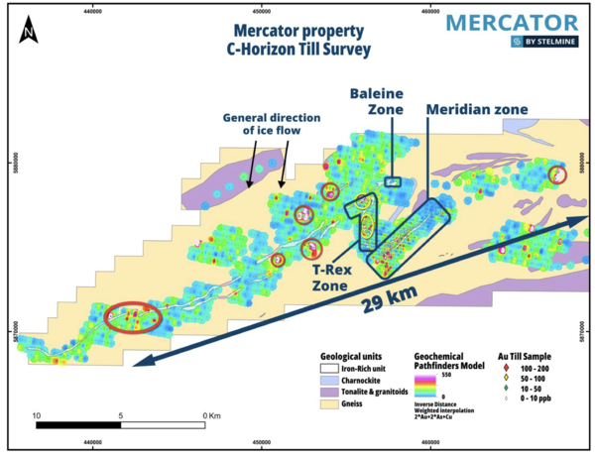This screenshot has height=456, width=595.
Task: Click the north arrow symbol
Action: pyautogui.click(x=31, y=32)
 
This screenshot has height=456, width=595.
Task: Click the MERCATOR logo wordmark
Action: pyautogui.click(x=511, y=23)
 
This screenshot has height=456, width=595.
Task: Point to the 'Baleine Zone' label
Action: pyautogui.click(x=378, y=102)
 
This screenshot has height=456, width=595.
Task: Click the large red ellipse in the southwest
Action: pyautogui.click(x=134, y=316)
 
